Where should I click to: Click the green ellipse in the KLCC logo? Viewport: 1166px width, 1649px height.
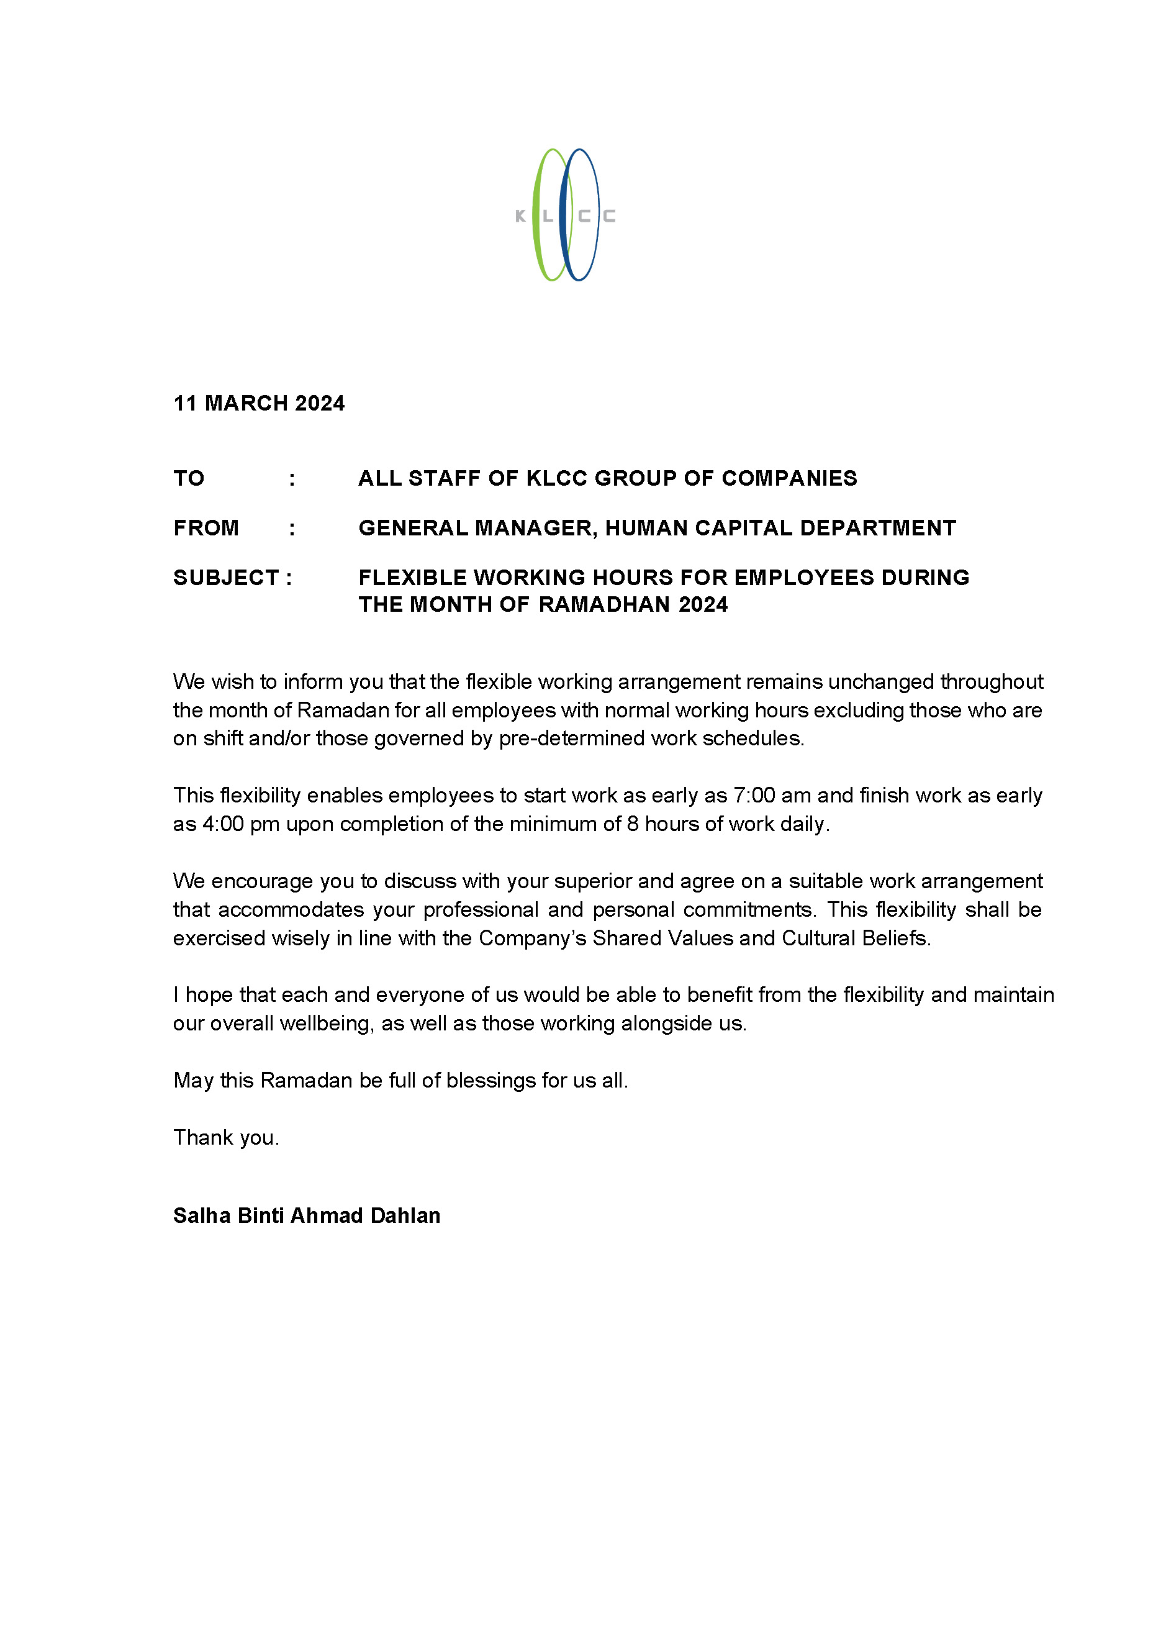(x=536, y=216)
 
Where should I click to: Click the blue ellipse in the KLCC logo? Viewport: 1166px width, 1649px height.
(x=564, y=216)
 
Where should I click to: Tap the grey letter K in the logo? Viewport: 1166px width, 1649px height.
(x=520, y=216)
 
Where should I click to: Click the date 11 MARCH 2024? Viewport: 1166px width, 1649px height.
(x=258, y=403)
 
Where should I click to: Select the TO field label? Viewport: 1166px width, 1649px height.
(x=189, y=478)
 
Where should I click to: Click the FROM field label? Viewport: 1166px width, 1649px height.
(x=206, y=528)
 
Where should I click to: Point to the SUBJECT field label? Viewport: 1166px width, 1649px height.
(x=226, y=578)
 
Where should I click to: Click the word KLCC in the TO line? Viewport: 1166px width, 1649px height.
(x=557, y=478)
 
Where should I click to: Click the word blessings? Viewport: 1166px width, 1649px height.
(x=492, y=1081)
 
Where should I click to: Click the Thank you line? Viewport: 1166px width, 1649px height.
(x=225, y=1138)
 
